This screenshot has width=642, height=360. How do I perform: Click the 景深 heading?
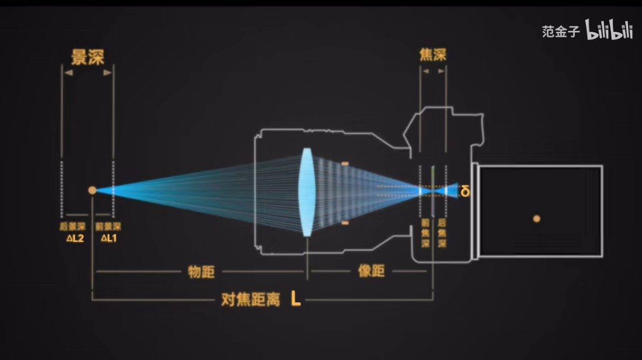pos(87,57)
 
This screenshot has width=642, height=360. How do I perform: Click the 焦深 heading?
pos(433,55)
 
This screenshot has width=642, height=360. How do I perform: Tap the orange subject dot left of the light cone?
pos(92,190)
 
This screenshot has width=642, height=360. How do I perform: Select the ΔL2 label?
pos(75,238)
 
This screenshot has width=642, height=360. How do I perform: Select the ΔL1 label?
pos(109,238)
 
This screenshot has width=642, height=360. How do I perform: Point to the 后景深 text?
pos(72,227)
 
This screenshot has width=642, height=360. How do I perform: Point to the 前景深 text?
pos(108,227)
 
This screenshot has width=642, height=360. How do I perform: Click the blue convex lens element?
pos(307,192)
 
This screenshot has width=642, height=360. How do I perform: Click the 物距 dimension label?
pos(201,271)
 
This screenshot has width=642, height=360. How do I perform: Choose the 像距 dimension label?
pos(371,271)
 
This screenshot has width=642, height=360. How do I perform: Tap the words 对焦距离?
pos(251,300)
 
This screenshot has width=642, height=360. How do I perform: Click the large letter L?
pos(295,298)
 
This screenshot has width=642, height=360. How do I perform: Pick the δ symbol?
pos(465,191)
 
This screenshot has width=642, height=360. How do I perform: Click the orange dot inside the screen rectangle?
pos(537,219)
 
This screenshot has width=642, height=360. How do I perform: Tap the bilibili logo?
pos(609,30)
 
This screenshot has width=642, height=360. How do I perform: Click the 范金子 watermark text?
pos(560,31)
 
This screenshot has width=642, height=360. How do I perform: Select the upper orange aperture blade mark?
pos(345,164)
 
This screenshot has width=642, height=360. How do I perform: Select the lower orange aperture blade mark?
pos(345,223)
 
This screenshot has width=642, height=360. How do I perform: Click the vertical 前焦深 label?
pos(426,233)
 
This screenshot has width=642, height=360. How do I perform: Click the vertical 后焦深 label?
pos(442,233)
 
